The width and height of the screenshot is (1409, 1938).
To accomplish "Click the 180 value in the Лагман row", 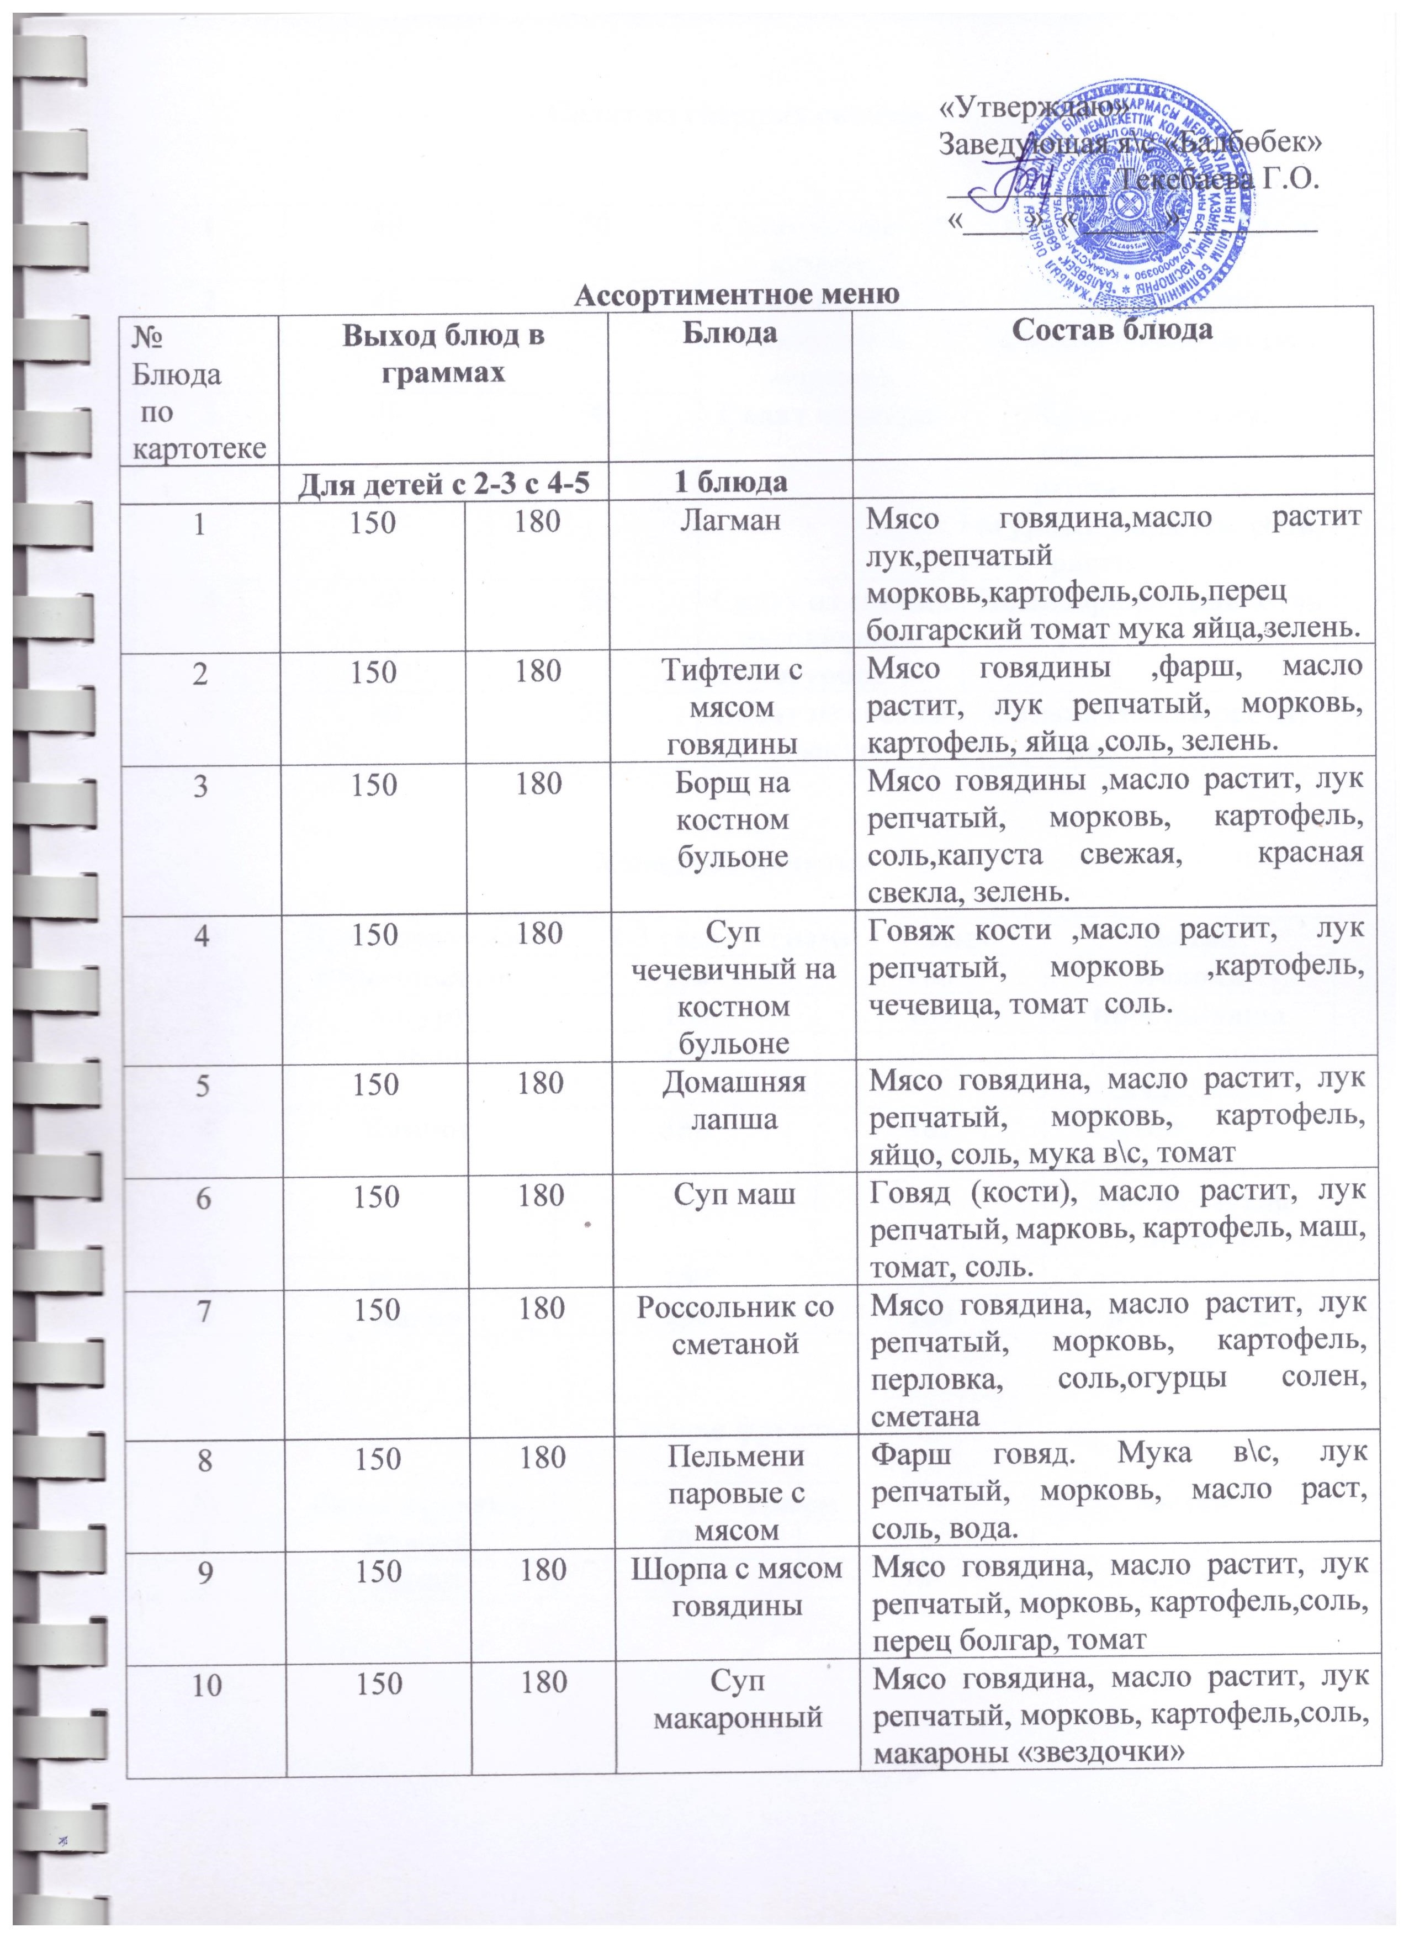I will tap(537, 521).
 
